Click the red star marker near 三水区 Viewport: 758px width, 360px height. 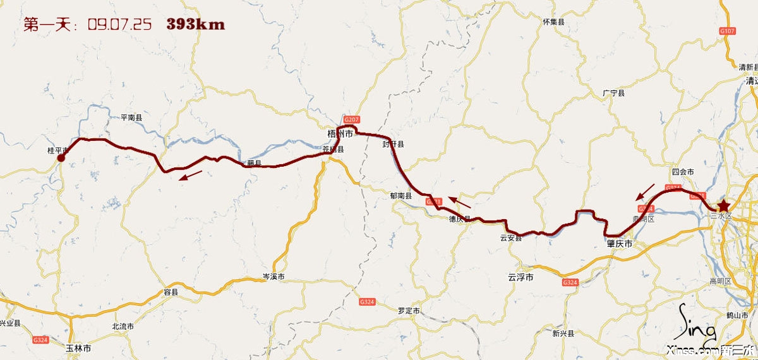723,206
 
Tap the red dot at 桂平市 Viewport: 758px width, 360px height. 61,158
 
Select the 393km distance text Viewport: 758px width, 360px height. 196,25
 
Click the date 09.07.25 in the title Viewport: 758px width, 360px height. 119,25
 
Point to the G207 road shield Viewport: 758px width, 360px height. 351,119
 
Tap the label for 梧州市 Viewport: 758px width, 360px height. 340,134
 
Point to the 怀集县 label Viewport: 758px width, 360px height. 553,22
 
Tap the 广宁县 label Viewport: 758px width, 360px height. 613,93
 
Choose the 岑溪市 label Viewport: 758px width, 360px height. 274,277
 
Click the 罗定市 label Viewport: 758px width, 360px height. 409,310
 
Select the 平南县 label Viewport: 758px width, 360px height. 131,117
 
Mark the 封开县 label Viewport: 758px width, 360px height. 392,144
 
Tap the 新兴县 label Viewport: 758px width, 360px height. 562,333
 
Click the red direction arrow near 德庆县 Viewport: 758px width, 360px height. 460,202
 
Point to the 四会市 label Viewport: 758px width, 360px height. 683,172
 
